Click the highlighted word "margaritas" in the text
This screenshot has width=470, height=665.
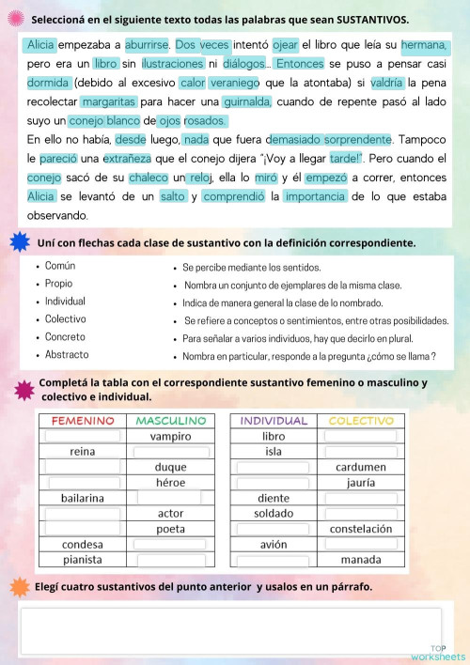pos(109,101)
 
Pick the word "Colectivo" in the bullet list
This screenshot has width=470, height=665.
pos(66,319)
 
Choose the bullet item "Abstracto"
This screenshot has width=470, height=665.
pos(67,355)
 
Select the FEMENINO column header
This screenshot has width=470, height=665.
pos(83,421)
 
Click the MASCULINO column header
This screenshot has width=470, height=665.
pos(170,421)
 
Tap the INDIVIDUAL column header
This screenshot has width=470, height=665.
pos(274,421)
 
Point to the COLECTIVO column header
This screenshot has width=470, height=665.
pos(361,421)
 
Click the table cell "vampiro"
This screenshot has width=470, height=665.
pos(170,436)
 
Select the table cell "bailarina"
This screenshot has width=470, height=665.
pos(83,498)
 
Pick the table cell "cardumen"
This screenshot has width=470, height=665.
pos(361,467)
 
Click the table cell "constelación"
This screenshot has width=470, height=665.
pos(361,529)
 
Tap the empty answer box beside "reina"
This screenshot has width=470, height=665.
pos(170,452)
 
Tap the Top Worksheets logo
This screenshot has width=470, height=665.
pos(438,652)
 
